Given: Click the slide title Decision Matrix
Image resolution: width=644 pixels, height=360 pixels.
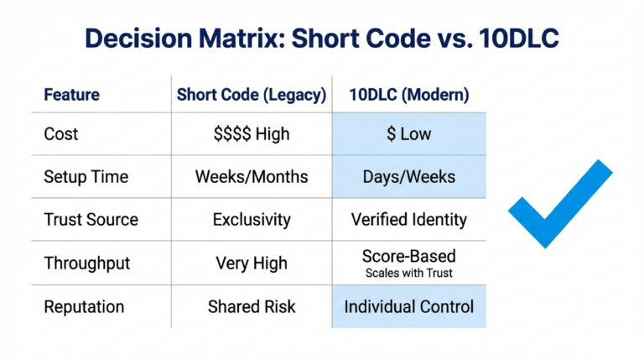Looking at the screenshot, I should tap(322, 39).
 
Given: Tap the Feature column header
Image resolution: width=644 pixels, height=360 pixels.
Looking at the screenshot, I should tap(71, 95).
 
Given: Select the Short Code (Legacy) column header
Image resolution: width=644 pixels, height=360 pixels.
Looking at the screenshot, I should tap(252, 95).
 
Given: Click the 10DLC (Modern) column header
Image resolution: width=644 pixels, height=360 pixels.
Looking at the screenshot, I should tap(409, 95).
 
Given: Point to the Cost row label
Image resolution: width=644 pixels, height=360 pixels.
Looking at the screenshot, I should tap(61, 134).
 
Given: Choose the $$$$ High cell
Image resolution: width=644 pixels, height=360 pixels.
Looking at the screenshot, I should tap(252, 134).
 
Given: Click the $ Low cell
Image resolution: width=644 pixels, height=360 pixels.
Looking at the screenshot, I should tap(409, 134).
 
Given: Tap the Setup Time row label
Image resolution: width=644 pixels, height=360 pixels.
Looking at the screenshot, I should tap(86, 177).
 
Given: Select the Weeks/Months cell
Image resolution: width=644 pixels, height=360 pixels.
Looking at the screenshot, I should tap(252, 177).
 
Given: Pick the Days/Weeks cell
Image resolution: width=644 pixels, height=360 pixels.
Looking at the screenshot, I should tap(409, 177).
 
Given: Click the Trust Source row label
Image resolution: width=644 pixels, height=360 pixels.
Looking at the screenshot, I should tap(91, 220).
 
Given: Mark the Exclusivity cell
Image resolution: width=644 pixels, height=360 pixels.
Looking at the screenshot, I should tap(252, 220).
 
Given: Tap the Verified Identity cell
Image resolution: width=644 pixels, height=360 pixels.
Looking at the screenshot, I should tap(409, 220).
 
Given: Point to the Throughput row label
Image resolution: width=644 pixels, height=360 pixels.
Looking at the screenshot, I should tap(87, 263).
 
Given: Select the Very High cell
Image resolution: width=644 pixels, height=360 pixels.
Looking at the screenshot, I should tap(252, 263).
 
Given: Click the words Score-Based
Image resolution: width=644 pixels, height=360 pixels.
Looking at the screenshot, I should tap(409, 256).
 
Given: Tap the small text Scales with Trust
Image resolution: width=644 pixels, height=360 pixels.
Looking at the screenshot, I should tap(409, 273).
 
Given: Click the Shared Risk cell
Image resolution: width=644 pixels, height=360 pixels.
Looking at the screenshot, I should tap(252, 306).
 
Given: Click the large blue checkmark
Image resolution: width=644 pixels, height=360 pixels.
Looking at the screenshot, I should tap(557, 206).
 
